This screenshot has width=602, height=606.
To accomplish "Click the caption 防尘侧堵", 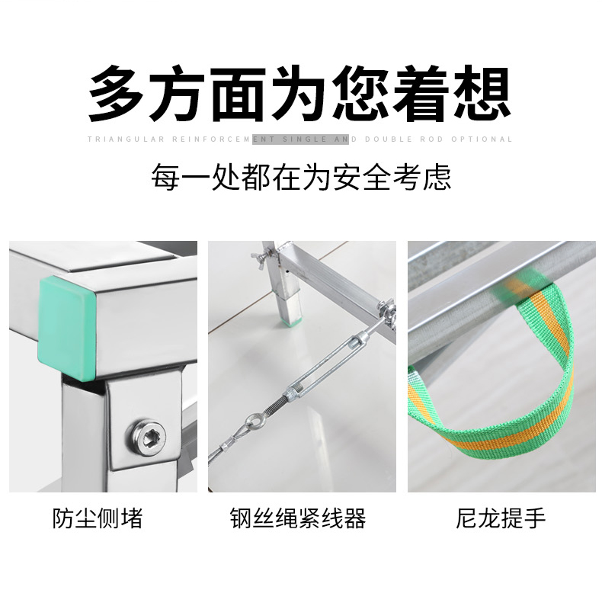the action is pos(98,518).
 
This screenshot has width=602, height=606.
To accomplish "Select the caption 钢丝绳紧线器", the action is pos(298,518).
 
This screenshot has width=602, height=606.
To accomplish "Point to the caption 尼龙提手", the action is pos(501,518).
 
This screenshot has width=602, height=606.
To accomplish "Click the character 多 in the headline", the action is pos(116,94).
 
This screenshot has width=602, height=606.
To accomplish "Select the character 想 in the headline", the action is pos(482,94).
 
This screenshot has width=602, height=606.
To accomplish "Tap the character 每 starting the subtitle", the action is pos(165,178).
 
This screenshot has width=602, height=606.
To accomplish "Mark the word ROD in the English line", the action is pos(431,139).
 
